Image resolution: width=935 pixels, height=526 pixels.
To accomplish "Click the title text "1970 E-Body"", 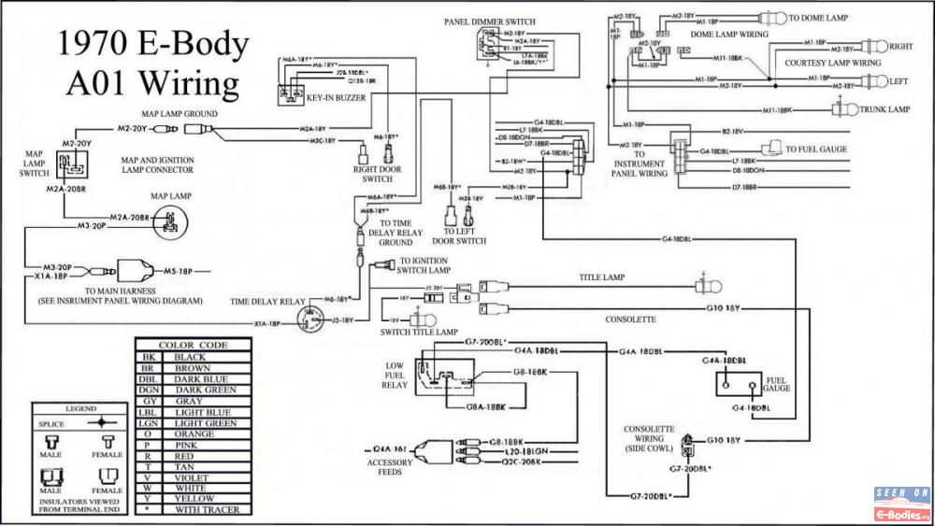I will (153, 44).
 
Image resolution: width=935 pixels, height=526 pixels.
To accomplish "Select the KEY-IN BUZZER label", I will (337, 96).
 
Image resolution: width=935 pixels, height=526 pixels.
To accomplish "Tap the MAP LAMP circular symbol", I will (170, 220).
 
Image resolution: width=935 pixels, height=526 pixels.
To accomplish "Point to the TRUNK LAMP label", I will (885, 109).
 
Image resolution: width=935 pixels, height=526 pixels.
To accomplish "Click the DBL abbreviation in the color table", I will (148, 379).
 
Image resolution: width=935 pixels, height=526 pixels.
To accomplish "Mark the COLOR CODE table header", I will (193, 345).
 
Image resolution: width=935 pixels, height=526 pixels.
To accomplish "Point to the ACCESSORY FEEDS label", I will (390, 466).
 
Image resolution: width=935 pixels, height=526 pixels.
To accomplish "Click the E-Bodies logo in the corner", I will (902, 505).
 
